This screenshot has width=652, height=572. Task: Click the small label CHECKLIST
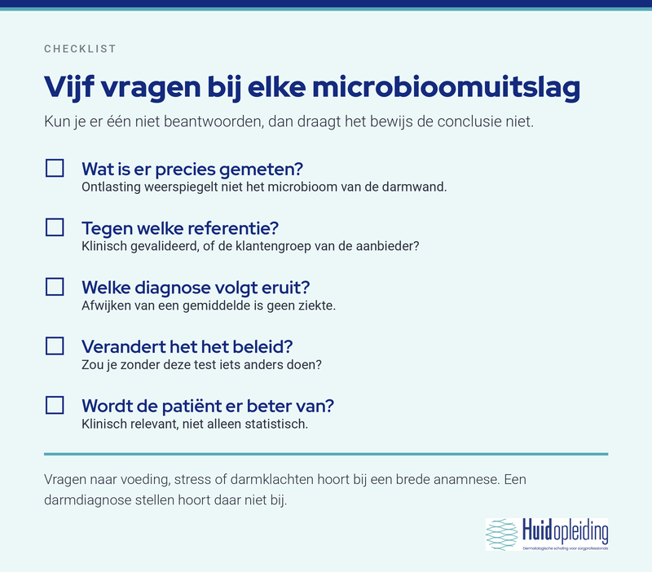pyautogui.click(x=80, y=49)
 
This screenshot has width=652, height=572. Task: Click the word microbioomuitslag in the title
pyautogui.click(x=446, y=88)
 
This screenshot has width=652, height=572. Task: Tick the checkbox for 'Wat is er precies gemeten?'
pyautogui.click(x=55, y=169)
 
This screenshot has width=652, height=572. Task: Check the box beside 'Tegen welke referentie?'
pyautogui.click(x=55, y=227)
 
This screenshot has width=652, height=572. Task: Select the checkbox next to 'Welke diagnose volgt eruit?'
pyautogui.click(x=55, y=287)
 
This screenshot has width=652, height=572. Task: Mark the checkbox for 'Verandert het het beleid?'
pyautogui.click(x=55, y=345)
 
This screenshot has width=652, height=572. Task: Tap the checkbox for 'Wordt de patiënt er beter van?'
pyautogui.click(x=55, y=405)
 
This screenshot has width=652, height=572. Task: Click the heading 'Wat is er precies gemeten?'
pyautogui.click(x=192, y=169)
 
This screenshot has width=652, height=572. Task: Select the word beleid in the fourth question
pyautogui.click(x=262, y=347)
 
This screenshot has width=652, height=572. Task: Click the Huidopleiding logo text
pyautogui.click(x=565, y=531)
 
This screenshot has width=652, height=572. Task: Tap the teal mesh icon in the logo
pyautogui.click(x=502, y=535)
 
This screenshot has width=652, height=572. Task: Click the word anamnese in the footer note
pyautogui.click(x=466, y=480)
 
